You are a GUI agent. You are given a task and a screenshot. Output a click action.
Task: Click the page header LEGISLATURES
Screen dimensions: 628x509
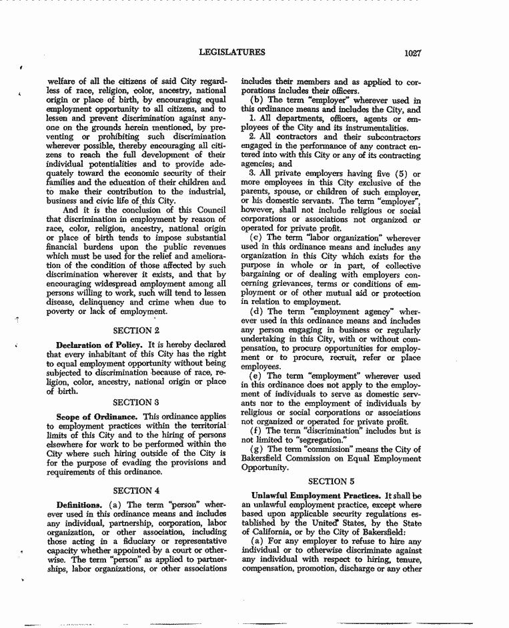click(x=231, y=52)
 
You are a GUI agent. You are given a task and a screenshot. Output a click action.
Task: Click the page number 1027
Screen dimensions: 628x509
click(x=412, y=53)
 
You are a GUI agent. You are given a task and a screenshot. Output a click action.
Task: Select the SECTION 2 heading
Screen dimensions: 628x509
click(x=137, y=330)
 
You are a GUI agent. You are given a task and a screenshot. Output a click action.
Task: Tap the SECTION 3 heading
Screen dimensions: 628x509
click(x=136, y=402)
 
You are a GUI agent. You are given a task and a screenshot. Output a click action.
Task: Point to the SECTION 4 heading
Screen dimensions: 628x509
click(x=137, y=490)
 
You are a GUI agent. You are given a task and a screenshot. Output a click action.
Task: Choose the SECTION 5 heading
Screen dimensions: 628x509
click(x=332, y=481)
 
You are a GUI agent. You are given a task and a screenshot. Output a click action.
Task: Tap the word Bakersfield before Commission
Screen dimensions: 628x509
click(x=267, y=459)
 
